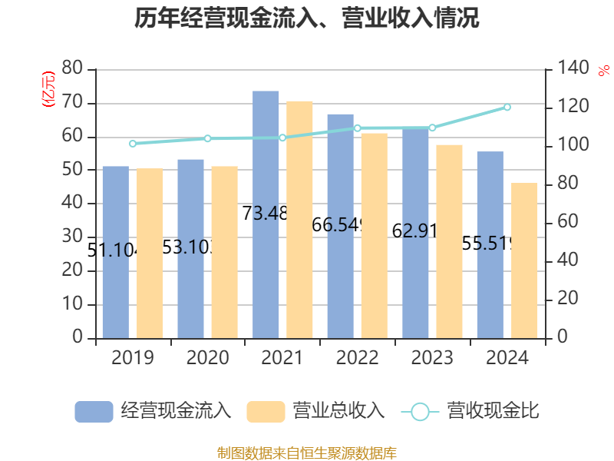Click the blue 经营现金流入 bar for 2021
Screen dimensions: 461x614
266,214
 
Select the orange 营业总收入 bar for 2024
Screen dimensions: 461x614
525,260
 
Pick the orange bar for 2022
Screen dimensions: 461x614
375,235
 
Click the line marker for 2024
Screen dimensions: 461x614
507,107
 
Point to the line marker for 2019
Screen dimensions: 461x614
133,144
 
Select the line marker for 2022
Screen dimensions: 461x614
358,128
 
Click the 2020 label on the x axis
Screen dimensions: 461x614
207,358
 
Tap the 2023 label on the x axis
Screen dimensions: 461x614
432,358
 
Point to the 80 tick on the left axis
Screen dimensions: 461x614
72,68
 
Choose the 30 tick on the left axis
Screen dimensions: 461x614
72,237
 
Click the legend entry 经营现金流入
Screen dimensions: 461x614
153,411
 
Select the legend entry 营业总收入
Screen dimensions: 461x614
316,411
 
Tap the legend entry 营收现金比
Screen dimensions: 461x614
470,411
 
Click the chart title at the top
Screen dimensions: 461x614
307,18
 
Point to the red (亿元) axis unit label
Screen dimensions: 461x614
49,88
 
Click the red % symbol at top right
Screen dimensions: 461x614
603,70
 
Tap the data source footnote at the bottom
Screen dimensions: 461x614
307,453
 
